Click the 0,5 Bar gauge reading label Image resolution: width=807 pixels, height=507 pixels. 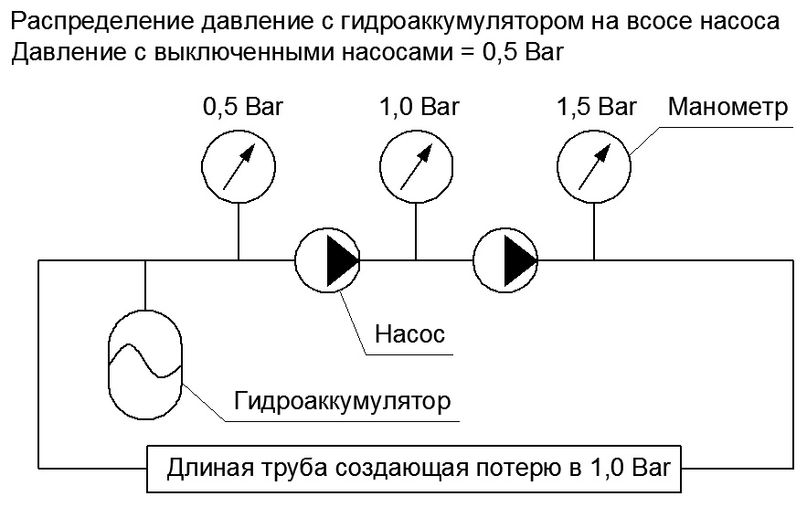click(x=243, y=107)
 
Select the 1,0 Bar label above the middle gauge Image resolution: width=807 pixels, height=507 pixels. click(x=419, y=107)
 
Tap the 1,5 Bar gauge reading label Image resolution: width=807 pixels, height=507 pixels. click(x=597, y=107)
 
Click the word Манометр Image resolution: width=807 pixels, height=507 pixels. click(x=727, y=107)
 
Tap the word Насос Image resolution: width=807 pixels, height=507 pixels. click(x=409, y=334)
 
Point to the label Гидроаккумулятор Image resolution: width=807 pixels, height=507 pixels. click(x=342, y=402)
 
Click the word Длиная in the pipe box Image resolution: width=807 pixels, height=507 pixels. click(x=210, y=469)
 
